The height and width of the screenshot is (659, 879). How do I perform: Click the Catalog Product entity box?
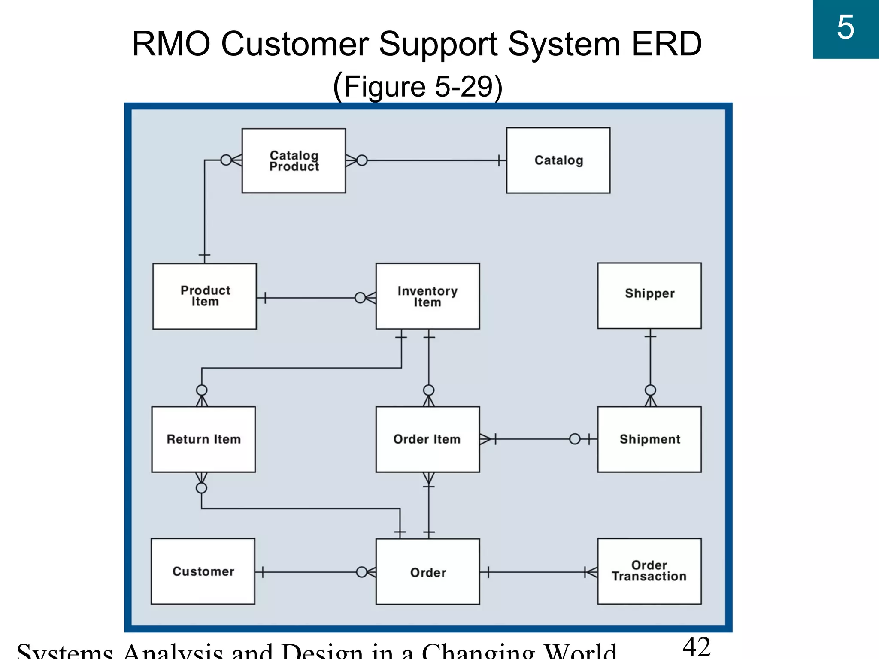(x=294, y=161)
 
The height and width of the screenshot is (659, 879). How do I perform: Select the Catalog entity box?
(x=558, y=160)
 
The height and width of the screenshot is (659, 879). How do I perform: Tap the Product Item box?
(x=205, y=296)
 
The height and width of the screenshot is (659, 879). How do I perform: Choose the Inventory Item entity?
(x=427, y=296)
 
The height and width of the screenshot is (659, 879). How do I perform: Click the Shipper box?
(x=649, y=296)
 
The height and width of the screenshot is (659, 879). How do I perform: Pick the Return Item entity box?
(x=203, y=439)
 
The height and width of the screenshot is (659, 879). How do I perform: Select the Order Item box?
(x=427, y=439)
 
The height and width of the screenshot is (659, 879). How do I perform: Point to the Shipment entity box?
(x=649, y=439)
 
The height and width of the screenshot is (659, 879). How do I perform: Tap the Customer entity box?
(x=203, y=571)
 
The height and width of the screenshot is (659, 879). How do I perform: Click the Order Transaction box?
(x=649, y=571)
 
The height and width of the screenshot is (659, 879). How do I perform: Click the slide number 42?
(x=696, y=647)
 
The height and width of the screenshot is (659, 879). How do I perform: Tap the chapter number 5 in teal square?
(x=846, y=28)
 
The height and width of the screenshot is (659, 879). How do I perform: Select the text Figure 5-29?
(x=418, y=87)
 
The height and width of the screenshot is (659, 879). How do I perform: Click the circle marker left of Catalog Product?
(x=226, y=160)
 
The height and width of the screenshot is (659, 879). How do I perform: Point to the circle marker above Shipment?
(x=650, y=390)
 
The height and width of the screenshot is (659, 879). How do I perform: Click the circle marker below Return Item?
(x=201, y=488)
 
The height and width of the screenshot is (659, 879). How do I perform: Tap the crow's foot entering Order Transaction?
(x=591, y=572)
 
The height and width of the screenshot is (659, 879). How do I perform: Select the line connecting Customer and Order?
(x=309, y=572)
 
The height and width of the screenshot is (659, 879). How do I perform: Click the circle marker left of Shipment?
(x=575, y=439)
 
